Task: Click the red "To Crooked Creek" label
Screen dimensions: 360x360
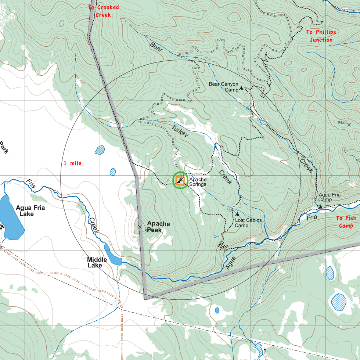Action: [x=103, y=11]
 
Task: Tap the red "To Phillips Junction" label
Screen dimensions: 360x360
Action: [x=321, y=36]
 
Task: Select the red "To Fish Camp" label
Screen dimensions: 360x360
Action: [x=346, y=222]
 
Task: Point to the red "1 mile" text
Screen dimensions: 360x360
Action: [x=72, y=163]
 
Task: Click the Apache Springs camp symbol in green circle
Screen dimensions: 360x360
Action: [x=180, y=180]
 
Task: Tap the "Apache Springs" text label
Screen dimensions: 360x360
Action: [x=198, y=182]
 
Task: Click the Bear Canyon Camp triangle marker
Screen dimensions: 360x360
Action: [x=241, y=88]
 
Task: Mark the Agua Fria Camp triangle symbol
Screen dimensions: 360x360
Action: [x=320, y=207]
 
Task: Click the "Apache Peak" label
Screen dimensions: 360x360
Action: [x=158, y=227]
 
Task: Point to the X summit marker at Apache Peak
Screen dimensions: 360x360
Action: [x=140, y=227]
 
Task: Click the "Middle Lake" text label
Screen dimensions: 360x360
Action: [x=97, y=262]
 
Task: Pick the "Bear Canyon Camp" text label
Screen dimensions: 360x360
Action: [x=223, y=87]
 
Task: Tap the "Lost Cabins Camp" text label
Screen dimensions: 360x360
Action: [x=248, y=223]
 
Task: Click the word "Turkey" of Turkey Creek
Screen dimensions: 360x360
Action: [x=180, y=131]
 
